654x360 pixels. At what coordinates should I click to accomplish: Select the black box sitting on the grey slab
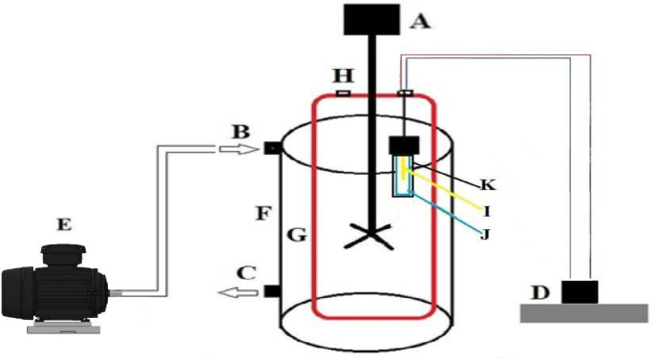(x=580, y=290)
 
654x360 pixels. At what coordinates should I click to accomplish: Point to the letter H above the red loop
(x=340, y=74)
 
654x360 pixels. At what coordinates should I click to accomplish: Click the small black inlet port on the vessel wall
(x=270, y=148)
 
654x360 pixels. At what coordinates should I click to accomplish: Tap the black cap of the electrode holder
(x=406, y=146)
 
